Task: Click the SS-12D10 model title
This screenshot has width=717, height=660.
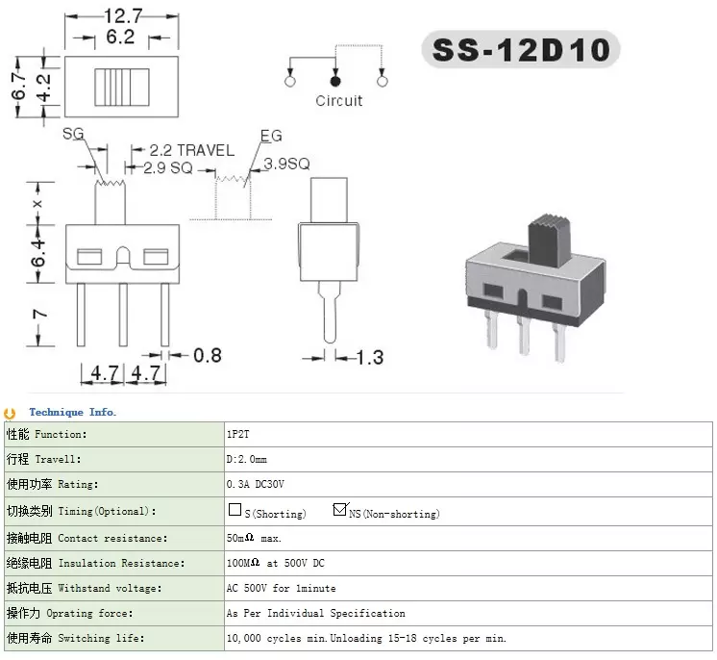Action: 520,49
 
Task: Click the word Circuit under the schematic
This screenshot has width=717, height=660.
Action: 339,100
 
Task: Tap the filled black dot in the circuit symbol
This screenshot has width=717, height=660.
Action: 335,84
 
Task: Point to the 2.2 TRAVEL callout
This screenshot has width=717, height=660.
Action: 191,150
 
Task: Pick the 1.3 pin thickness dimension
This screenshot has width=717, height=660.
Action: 369,357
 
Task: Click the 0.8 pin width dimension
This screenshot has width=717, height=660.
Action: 208,355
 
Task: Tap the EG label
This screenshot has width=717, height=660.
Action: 272,136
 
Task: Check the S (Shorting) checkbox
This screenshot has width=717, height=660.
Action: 235,510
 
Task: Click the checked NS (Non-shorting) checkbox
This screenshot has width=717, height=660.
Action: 339,510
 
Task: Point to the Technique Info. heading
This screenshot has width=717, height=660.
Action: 72,413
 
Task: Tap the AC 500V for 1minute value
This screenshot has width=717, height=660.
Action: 281,588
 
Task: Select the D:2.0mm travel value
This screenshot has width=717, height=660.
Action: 247,460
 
